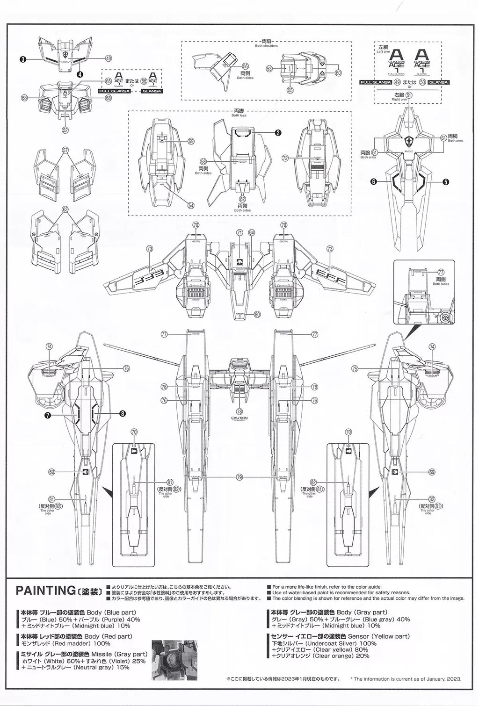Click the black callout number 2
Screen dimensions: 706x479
278,132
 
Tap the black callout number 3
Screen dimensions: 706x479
22,59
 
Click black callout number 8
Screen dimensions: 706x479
123,413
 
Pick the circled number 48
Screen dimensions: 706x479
109,58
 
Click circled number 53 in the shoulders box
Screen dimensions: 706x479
269,69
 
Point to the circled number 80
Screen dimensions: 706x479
257,314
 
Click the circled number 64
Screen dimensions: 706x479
252,232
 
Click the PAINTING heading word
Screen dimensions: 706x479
44,590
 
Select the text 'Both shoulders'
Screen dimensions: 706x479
266,46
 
